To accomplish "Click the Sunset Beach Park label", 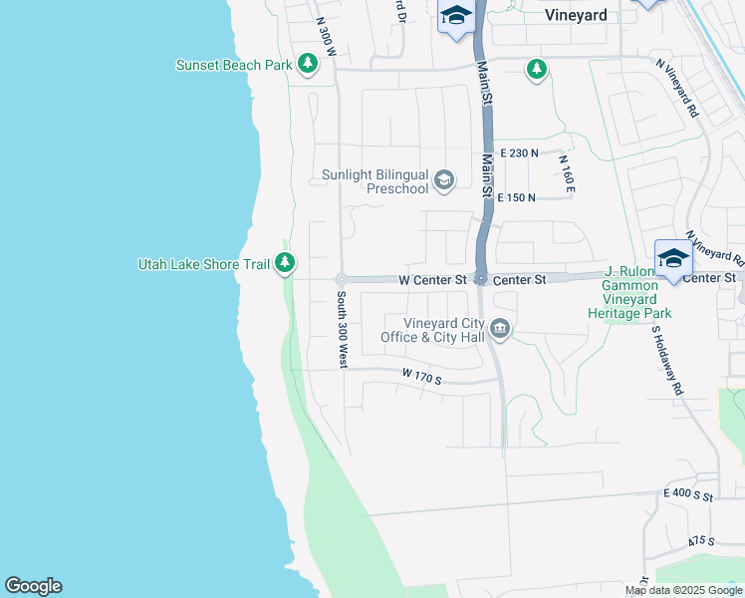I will pos(234,65).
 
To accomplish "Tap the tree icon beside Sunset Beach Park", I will pos(308,65).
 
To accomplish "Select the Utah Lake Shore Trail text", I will pos(204,264).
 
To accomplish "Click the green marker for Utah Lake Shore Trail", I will pos(286,263).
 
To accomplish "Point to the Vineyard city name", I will pos(577,16).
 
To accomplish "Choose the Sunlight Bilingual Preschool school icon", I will pos(444,180).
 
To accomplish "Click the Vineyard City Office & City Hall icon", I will pos(500,329).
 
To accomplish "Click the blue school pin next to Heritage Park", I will pos(673,259).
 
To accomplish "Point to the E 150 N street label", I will pos(516,198).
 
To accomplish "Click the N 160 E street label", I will pos(567,174).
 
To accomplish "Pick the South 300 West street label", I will pos(341,329).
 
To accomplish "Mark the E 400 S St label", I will pos(688,494).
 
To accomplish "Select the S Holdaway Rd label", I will pos(667,359).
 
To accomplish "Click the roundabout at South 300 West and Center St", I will pos(341,279).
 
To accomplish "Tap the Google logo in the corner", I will pos(33,586).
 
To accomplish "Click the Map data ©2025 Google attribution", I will pos(684,591).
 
